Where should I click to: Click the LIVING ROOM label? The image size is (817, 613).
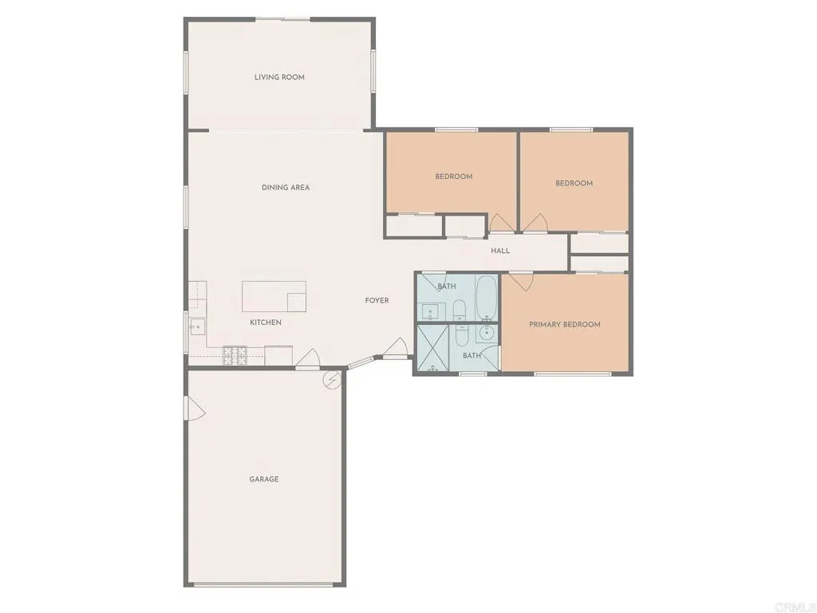point(279,77)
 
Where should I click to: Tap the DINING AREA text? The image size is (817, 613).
point(286,188)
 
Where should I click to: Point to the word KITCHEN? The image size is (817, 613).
point(266,322)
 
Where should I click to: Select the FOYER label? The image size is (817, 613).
point(377,301)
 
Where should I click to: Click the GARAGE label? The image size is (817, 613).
point(264,479)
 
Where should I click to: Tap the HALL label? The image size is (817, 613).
point(500,251)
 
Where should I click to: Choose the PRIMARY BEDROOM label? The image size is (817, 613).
point(565,325)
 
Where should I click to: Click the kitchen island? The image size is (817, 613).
point(274,296)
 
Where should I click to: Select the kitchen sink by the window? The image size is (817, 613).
point(196,326)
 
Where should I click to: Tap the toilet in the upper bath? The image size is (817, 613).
point(460,309)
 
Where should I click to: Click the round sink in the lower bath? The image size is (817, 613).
point(487,333)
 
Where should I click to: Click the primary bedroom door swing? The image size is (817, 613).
point(521,281)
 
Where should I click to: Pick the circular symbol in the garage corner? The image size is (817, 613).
point(331,381)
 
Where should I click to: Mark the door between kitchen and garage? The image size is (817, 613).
point(308,361)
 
